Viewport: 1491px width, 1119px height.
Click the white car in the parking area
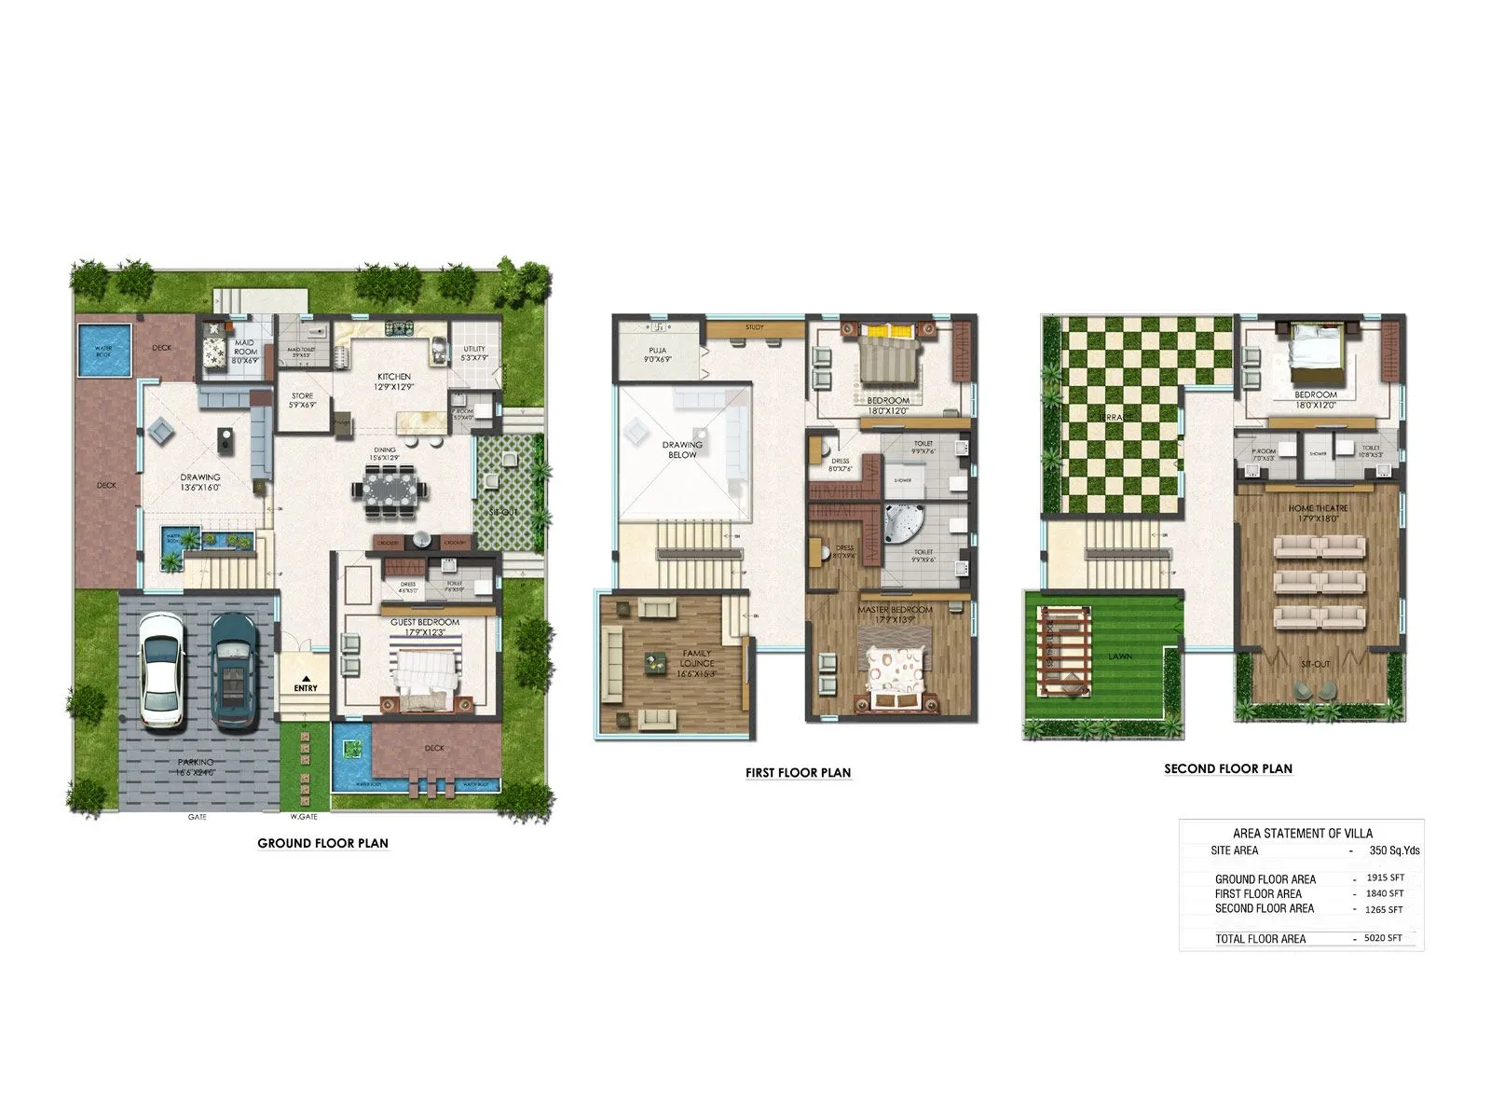tap(160, 670)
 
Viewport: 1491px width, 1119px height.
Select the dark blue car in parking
tap(233, 670)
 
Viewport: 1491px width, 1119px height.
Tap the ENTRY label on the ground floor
tap(306, 687)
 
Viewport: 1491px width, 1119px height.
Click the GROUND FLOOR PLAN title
tap(322, 843)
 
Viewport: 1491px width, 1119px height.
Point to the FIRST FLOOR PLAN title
tap(798, 772)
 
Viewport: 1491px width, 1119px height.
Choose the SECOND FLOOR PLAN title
tap(1227, 768)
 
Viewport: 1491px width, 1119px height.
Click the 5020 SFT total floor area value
tap(1383, 938)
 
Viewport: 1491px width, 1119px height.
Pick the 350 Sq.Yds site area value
tap(1394, 850)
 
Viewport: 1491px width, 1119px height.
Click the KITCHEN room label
tap(394, 377)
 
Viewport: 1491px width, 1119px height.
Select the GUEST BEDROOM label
tap(425, 622)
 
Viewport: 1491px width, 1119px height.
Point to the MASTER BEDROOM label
tap(895, 610)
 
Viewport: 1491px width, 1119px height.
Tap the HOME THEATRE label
tap(1318, 508)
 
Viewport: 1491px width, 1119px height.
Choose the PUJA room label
tap(658, 351)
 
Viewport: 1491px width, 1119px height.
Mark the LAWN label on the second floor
tap(1120, 656)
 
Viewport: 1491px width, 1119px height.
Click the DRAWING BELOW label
tap(682, 449)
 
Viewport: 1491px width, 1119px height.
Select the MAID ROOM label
tap(245, 347)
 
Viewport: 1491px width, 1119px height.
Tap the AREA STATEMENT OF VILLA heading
tap(1302, 833)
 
